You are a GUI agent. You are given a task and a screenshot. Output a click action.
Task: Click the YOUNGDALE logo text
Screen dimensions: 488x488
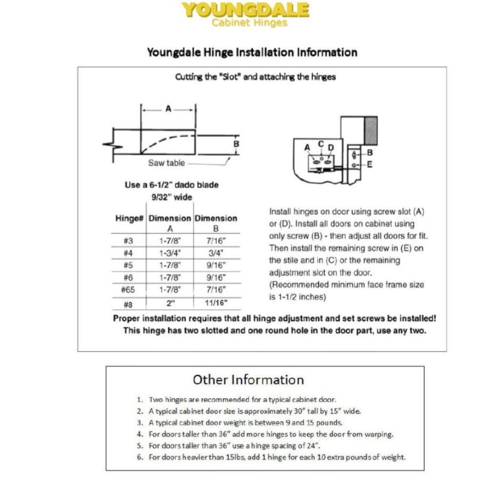pos(245,10)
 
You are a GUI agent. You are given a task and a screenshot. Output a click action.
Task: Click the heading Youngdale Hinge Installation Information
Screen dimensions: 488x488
pos(252,52)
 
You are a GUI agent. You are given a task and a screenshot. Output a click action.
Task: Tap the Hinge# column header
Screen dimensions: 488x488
pos(129,218)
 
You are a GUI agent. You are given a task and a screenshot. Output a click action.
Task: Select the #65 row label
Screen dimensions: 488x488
pos(128,289)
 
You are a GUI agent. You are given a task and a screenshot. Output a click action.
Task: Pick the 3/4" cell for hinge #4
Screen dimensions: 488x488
pos(215,253)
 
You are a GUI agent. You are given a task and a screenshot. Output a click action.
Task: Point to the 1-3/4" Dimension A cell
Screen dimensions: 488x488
pos(170,253)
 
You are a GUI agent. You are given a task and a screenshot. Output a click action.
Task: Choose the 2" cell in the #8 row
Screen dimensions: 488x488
pos(170,303)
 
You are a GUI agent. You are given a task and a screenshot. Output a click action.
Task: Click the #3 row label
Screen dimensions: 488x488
pos(128,241)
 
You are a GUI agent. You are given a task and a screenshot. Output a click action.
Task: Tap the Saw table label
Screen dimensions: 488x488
pos(166,163)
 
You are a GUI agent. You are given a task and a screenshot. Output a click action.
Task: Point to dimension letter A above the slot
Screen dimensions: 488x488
pos(168,109)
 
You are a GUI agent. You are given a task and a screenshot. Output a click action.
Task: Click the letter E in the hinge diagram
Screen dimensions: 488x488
pos(369,165)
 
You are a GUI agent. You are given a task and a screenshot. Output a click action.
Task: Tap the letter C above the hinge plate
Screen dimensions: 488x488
pos(321,143)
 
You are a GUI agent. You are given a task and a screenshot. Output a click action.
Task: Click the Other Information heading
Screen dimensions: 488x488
pos(248,380)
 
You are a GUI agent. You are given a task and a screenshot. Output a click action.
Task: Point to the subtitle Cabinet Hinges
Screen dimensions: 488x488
pos(249,22)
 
